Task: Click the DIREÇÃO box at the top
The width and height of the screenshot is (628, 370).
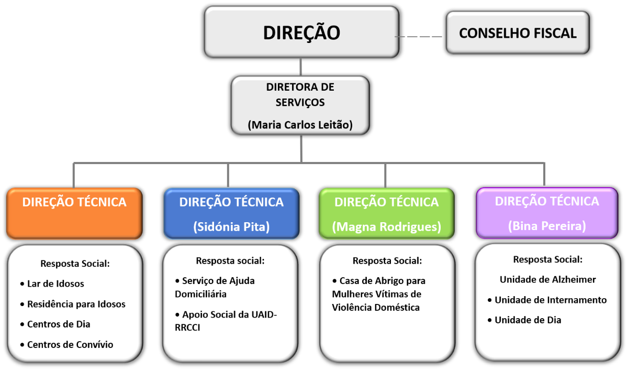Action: tap(301, 32)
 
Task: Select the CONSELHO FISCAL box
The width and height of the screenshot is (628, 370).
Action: tap(517, 33)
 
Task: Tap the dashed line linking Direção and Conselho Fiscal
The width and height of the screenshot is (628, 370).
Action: tap(419, 37)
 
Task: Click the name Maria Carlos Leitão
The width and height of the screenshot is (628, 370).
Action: tap(300, 125)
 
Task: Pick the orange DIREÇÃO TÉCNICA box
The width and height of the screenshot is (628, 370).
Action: tap(74, 213)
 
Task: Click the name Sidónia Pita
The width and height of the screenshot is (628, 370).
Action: tap(231, 227)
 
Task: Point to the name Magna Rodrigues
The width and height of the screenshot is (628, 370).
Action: tap(387, 227)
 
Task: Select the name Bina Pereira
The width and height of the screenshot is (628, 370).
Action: tap(547, 226)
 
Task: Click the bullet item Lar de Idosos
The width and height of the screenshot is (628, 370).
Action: tap(55, 284)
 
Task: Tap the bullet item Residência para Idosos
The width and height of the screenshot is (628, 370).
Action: tap(76, 304)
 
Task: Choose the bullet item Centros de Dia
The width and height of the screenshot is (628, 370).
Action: tap(59, 324)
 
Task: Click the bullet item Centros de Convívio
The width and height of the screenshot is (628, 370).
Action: tap(70, 344)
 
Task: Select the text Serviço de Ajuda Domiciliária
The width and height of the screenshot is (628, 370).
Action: tap(215, 287)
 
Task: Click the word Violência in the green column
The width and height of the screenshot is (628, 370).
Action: tap(353, 308)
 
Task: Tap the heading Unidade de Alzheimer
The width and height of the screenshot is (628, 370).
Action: tap(547, 279)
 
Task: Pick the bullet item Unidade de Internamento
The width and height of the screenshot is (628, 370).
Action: tap(551, 300)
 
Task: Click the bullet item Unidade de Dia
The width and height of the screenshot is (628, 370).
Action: tap(528, 320)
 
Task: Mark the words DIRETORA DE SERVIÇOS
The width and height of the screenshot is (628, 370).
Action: tap(300, 94)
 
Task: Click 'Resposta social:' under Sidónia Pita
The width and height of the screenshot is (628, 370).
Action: tap(230, 260)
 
